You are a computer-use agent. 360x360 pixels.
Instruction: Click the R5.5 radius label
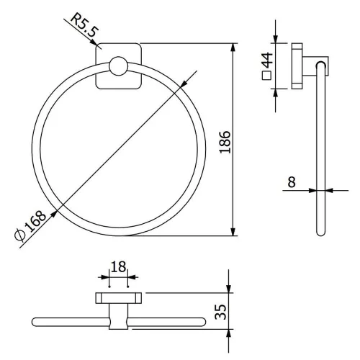pyautogui.click(x=84, y=24)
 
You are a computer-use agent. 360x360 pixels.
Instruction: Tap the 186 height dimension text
pyautogui.click(x=225, y=142)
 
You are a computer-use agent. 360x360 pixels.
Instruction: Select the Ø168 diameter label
pyautogui.click(x=30, y=225)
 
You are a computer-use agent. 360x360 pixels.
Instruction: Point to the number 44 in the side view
pyautogui.click(x=267, y=60)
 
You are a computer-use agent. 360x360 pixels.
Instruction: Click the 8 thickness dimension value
pyautogui.click(x=292, y=182)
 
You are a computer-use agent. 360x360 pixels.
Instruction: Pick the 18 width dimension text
pyautogui.click(x=118, y=266)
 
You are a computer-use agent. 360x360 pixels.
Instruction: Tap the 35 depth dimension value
pyautogui.click(x=220, y=312)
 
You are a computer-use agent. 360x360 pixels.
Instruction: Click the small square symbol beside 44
pyautogui.click(x=266, y=76)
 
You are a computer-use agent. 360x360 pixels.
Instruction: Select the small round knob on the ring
pyautogui.click(x=118, y=66)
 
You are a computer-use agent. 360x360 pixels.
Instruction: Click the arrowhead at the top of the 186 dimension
pyautogui.click(x=233, y=48)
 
